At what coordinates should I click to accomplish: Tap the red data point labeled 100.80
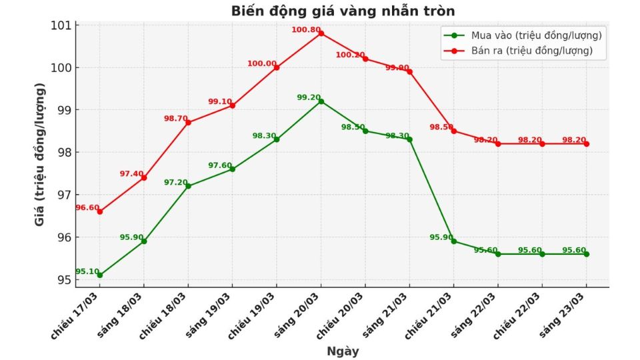321,33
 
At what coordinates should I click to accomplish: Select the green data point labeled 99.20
321,101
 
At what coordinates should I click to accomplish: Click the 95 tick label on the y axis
65,280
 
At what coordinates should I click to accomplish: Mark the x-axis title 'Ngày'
343,351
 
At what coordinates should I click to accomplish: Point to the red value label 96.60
86,208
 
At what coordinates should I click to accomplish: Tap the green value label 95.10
87,271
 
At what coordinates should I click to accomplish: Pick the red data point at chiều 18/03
188,122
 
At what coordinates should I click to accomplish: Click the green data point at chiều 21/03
453,241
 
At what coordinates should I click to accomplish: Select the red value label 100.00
261,64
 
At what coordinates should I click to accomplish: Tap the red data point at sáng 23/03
586,143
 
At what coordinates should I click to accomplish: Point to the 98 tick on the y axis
65,153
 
